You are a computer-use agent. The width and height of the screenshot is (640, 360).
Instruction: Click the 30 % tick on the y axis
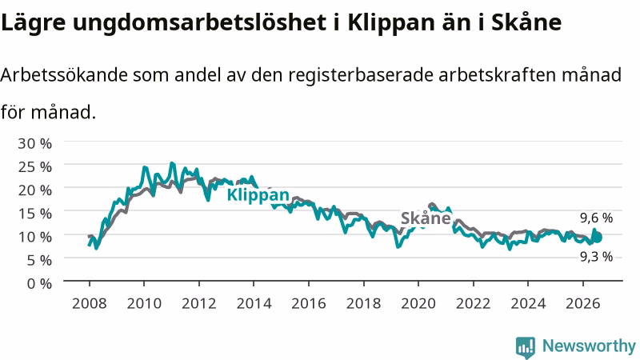click(x=34, y=143)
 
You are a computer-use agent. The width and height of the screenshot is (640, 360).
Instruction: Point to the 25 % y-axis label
click(x=34, y=166)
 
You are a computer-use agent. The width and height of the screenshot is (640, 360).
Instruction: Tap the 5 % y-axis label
click(x=39, y=259)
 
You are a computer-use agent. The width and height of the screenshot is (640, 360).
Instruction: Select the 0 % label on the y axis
click(x=39, y=283)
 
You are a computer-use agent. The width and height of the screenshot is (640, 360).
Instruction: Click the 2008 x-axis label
click(x=90, y=303)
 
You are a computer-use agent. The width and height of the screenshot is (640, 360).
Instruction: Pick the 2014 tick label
click(x=254, y=303)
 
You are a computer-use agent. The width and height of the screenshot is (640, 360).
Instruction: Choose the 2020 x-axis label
click(x=418, y=303)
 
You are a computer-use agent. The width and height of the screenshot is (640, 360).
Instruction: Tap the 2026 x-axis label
click(x=583, y=303)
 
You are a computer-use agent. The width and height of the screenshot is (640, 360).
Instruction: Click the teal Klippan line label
click(x=258, y=195)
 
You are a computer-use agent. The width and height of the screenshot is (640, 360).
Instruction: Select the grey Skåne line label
click(x=426, y=218)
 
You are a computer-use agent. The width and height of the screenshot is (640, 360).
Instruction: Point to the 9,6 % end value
click(x=596, y=218)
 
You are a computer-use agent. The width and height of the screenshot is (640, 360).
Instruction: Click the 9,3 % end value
click(x=596, y=256)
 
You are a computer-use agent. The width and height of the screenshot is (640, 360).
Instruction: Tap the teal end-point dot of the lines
click(x=598, y=237)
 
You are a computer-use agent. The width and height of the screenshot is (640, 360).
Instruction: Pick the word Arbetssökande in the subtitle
click(x=64, y=75)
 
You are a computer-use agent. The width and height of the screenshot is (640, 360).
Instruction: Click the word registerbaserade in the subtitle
click(x=361, y=76)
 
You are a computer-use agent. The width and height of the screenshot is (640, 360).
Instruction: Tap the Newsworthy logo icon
click(x=526, y=347)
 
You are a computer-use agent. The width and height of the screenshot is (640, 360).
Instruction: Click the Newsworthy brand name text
click(x=589, y=346)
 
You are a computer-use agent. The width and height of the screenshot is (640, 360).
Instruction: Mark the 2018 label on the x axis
click(x=364, y=303)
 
